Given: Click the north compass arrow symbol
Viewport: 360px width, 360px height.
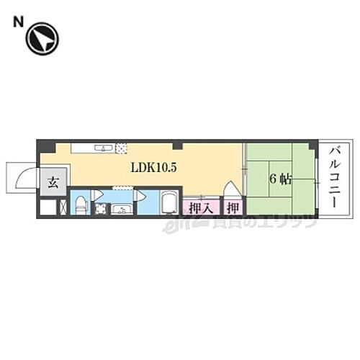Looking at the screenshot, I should tap(41, 40).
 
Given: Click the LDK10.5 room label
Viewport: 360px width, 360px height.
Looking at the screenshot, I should tap(153, 167).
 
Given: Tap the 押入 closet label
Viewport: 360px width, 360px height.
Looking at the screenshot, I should tap(201, 207).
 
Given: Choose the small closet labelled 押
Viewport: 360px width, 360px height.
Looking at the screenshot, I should tap(233, 207).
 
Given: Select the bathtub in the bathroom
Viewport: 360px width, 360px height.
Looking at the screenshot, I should tap(170, 203).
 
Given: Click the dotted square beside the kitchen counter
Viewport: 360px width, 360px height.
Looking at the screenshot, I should tap(122, 148).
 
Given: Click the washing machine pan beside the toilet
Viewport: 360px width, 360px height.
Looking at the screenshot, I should tap(100, 209).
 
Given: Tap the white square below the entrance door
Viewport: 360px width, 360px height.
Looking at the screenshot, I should tap(47, 207).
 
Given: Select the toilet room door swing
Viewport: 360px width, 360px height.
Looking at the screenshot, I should tap(99, 195).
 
